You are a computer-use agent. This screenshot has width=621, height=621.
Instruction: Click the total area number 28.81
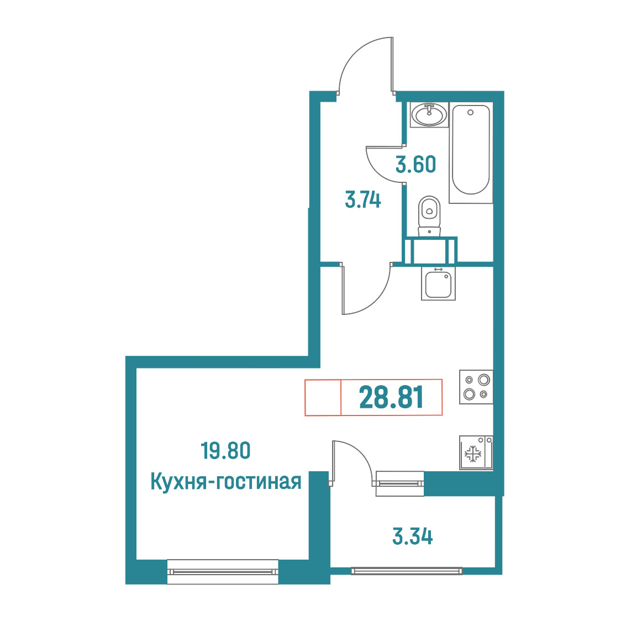[x=391, y=397]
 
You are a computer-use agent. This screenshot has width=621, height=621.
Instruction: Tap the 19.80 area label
[x=226, y=451]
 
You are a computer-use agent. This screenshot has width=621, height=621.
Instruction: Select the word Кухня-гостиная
[x=226, y=482]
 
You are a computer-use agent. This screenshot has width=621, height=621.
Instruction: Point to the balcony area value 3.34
[x=412, y=536]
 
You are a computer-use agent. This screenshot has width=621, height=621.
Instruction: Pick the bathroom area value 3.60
[x=416, y=164]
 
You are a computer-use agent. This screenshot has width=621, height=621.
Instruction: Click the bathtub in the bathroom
[x=471, y=152]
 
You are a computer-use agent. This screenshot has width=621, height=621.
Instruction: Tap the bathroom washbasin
[x=429, y=114]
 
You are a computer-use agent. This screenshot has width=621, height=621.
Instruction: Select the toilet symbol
[x=429, y=216]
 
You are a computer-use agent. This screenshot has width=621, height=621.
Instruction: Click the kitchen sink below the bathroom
[x=438, y=283]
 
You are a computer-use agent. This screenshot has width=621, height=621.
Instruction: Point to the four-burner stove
[x=476, y=387]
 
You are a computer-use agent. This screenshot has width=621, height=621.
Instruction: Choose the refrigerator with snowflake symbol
[x=476, y=452]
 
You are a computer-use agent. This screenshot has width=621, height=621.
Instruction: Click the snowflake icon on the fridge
[x=472, y=454]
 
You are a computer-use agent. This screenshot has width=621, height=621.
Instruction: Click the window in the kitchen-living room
[x=223, y=571]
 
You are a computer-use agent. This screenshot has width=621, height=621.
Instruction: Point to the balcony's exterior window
[x=406, y=571]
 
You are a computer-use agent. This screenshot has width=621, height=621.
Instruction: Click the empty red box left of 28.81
[x=323, y=397]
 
